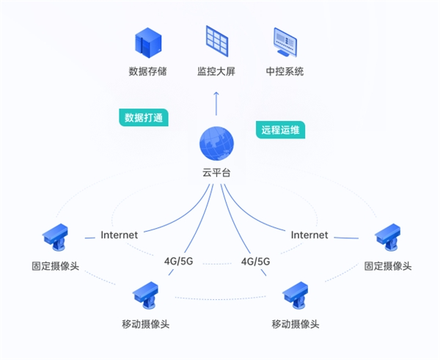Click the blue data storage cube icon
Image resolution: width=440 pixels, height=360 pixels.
pyautogui.click(x=147, y=43)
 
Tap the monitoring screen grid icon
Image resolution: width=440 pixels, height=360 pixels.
pyautogui.click(x=216, y=41)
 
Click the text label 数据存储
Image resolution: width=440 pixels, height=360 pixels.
pyautogui.click(x=148, y=72)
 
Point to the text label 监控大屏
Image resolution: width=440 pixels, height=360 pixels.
pyautogui.click(x=216, y=72)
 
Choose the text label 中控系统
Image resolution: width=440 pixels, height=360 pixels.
pyautogui.click(x=285, y=72)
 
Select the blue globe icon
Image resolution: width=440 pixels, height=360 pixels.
pyautogui.click(x=216, y=144)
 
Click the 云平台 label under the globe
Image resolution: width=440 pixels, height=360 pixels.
pyautogui.click(x=216, y=174)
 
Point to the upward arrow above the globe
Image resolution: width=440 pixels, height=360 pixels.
pyautogui.click(x=216, y=103)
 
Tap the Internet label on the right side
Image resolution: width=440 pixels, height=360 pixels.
pyautogui.click(x=309, y=235)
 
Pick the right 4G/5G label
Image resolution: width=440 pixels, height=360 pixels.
pyautogui.click(x=254, y=260)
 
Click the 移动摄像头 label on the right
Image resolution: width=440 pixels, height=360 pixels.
pyautogui.click(x=296, y=324)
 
